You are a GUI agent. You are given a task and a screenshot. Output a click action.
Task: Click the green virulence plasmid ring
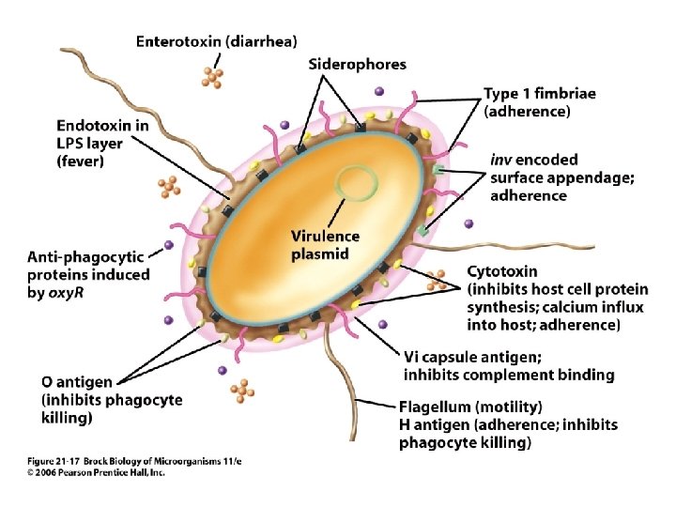[336, 182]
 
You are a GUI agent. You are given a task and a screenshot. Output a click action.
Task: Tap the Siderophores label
[358, 65]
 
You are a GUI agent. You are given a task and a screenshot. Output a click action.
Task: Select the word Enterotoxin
[178, 41]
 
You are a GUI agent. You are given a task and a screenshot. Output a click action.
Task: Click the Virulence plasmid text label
[325, 245]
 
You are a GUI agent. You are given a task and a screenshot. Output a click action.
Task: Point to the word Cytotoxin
[502, 271]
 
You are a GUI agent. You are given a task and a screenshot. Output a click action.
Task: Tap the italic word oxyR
[66, 294]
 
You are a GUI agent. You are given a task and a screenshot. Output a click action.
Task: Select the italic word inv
[501, 160]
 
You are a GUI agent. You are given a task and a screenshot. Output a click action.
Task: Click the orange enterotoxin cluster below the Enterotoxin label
[212, 78]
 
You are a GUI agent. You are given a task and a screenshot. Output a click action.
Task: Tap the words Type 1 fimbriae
[540, 94]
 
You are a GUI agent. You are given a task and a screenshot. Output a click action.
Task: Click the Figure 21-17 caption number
[54, 461]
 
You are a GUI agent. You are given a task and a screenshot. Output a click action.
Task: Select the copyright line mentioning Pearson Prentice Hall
[96, 472]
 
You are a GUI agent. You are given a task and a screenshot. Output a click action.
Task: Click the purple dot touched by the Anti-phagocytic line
[169, 245]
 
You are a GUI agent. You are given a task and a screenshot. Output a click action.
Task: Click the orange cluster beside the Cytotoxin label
[437, 280]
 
